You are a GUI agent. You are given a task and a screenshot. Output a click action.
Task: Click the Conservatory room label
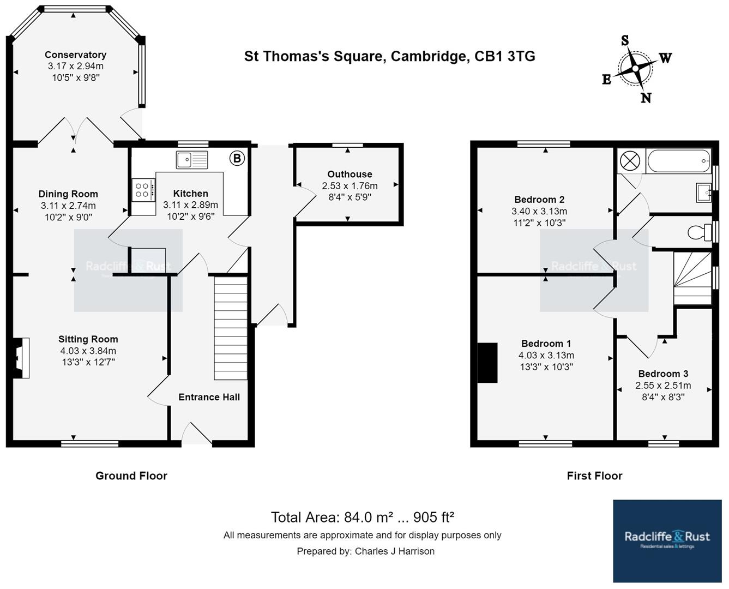pos(75,55)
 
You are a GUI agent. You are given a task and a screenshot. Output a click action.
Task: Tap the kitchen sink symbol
pos(192,160)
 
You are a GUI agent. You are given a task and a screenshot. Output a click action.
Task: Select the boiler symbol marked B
pos(237,158)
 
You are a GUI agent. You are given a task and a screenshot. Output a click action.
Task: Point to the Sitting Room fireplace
pos(20,358)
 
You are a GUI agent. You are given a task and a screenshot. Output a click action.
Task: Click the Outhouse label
pos(350,174)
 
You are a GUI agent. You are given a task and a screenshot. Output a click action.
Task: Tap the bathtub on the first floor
pos(678,161)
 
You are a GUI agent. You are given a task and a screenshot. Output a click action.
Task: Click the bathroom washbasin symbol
pos(703,192)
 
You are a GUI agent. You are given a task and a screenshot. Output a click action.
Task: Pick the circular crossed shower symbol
pos(630,161)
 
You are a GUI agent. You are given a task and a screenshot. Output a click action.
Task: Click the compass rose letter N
pos(646,98)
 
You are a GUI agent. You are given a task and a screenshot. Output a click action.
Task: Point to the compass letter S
pos(625,40)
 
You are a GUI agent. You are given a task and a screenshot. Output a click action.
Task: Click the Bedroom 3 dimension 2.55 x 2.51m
pos(663,386)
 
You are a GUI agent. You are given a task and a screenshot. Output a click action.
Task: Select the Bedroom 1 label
pos(546,343)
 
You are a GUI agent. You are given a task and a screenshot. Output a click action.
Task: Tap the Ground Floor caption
pos(131,476)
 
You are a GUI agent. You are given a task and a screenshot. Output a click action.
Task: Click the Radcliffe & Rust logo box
pos(667,540)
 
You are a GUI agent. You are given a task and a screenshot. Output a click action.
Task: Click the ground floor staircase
pos(231,328)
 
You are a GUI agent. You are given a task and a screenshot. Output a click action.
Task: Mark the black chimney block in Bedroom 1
pos(487,363)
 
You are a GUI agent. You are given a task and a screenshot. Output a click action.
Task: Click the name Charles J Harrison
pos(394,551)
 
